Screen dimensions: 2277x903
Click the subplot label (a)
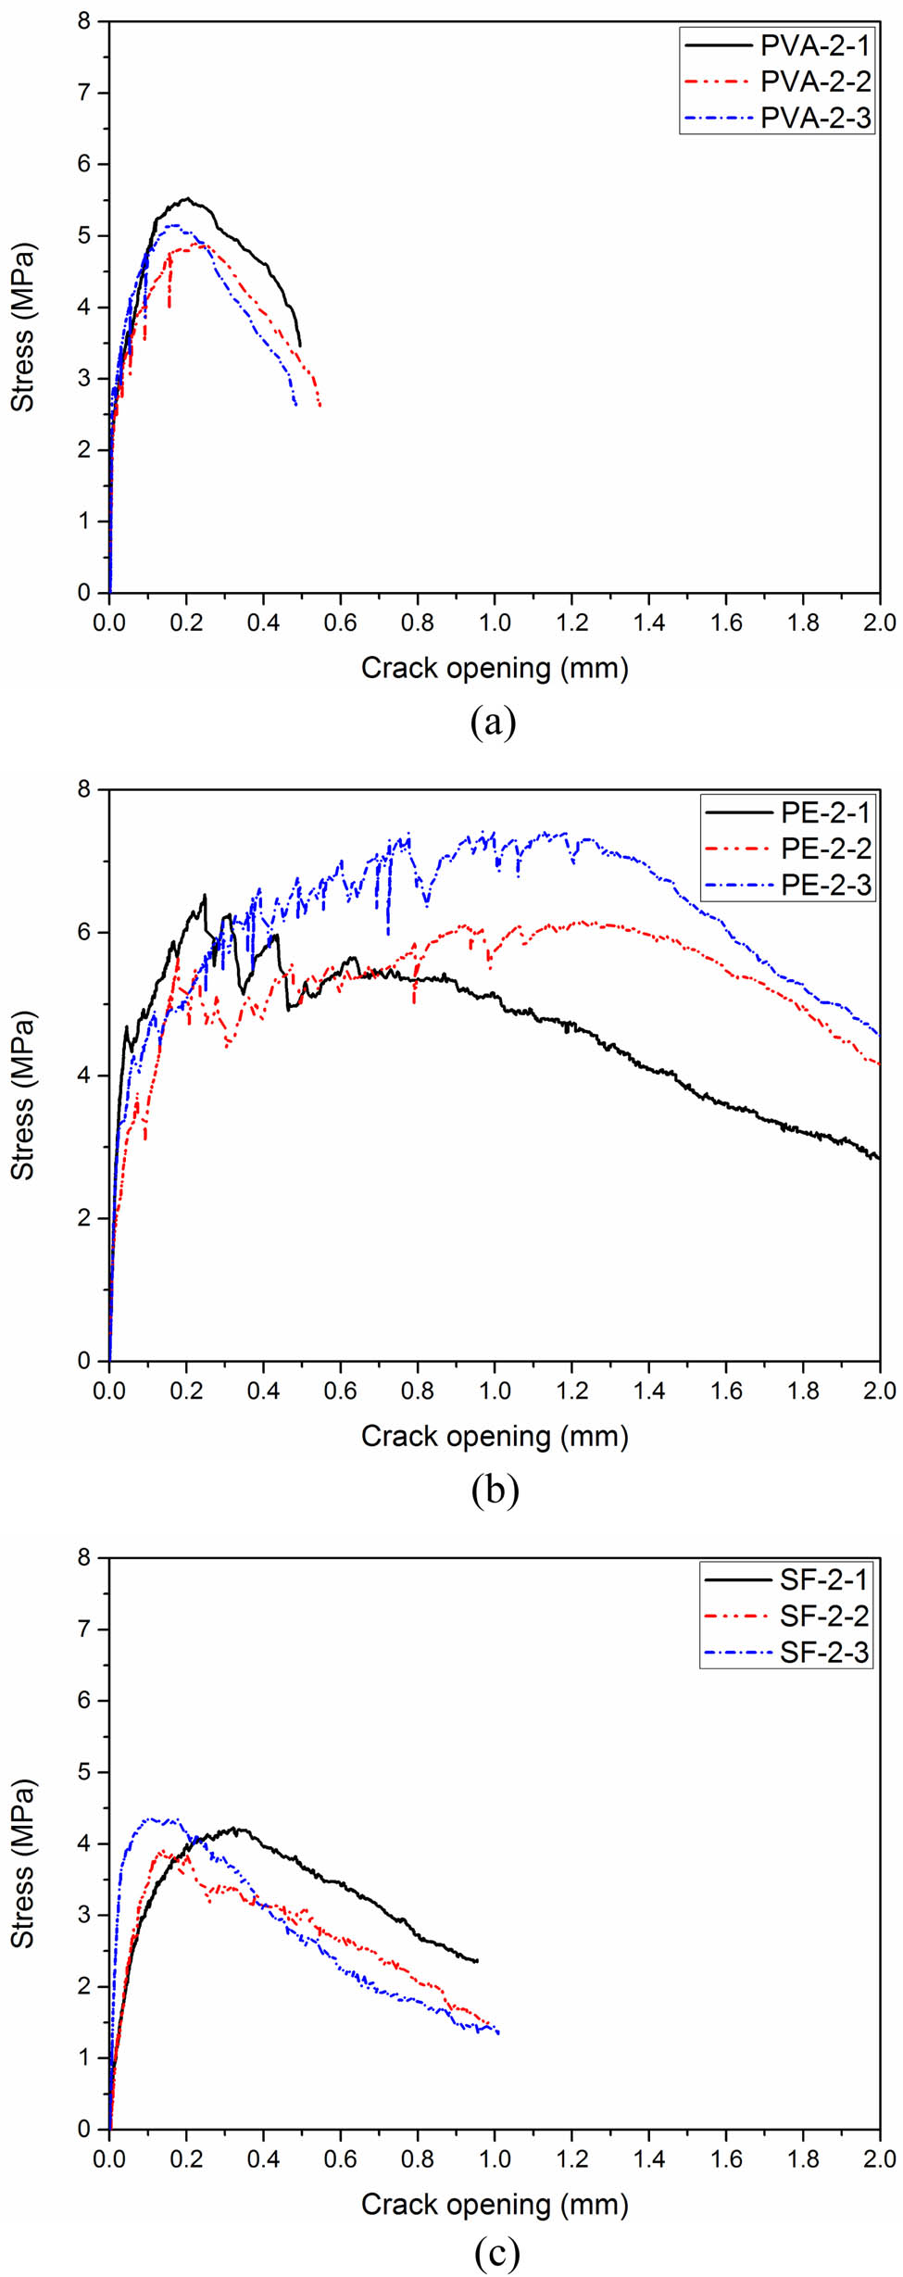pos(493,721)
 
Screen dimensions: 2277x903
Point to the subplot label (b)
pos(495,1490)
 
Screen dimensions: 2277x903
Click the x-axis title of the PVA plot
pos(495,668)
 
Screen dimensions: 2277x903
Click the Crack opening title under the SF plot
pos(495,2205)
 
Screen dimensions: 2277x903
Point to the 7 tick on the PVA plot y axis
pos(85,93)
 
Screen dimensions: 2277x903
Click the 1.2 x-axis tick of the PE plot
pos(572,1390)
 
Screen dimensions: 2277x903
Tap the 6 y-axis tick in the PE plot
pos(85,933)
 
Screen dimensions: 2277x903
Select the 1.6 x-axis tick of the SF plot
pos(726,2158)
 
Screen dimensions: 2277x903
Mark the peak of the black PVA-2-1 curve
pos(187,198)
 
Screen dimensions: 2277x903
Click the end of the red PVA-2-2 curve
pos(320,405)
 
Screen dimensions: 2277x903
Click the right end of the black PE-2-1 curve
pos(878,1158)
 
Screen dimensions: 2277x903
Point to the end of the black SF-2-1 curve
pos(476,1961)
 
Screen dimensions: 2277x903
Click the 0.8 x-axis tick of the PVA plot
pos(418,623)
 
